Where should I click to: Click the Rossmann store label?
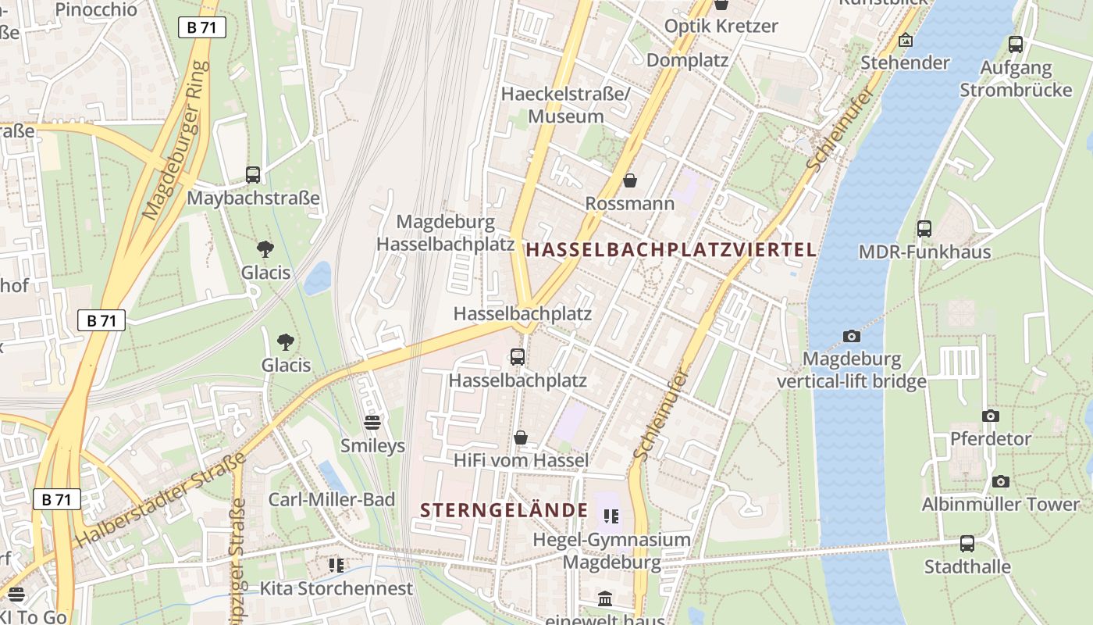(x=630, y=204)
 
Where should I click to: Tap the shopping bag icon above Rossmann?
(x=630, y=181)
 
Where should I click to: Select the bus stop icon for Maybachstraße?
(x=253, y=175)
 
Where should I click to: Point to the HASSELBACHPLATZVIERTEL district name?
(x=671, y=250)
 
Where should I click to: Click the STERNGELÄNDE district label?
(x=504, y=511)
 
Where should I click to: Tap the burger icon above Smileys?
(x=372, y=423)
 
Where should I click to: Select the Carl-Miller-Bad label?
(x=332, y=499)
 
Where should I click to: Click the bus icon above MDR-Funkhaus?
(x=924, y=229)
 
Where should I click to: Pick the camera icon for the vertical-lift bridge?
(x=852, y=337)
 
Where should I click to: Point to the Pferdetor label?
(x=991, y=438)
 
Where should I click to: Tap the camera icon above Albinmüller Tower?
(x=1000, y=481)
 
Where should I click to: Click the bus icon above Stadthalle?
(x=967, y=544)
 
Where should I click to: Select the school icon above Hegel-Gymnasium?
(x=611, y=516)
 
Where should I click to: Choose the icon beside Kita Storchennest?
(x=336, y=565)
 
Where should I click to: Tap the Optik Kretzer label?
(x=721, y=26)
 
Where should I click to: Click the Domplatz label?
(x=687, y=60)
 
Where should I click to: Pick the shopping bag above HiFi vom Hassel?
(x=521, y=437)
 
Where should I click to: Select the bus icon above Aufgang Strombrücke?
(x=1015, y=45)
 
